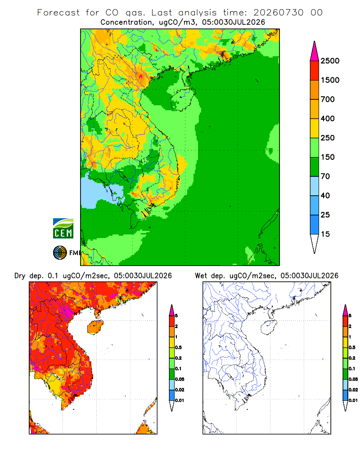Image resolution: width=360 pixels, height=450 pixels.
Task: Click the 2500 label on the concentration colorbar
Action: click(x=330, y=61)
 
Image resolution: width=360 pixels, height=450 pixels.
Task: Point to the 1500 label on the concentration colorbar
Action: click(x=330, y=80)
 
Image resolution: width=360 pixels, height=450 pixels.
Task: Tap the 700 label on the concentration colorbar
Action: click(x=328, y=99)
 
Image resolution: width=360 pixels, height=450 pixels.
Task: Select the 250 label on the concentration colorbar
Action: click(x=328, y=138)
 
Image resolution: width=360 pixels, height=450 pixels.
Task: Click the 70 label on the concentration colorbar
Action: click(x=325, y=176)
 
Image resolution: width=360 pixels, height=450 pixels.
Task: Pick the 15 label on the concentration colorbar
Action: click(x=325, y=234)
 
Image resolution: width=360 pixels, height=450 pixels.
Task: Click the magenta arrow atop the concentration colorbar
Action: click(x=315, y=51)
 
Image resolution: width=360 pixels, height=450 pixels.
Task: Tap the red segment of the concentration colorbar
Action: click(x=315, y=71)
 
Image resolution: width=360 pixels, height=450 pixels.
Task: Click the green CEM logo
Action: click(x=63, y=229)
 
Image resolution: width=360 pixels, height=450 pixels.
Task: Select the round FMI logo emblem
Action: click(x=60, y=253)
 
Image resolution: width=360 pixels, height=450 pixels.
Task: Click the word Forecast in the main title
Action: click(x=58, y=13)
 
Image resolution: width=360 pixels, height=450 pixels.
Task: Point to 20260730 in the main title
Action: click(x=278, y=13)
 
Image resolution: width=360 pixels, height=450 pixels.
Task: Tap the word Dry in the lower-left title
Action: click(x=19, y=276)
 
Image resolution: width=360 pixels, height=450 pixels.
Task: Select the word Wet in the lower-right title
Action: click(x=201, y=276)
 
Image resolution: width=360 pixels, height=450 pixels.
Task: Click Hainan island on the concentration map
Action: click(x=183, y=99)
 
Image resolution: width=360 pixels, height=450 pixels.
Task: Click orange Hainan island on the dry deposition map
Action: click(x=95, y=327)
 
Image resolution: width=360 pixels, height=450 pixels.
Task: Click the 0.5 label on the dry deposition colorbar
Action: click(x=178, y=347)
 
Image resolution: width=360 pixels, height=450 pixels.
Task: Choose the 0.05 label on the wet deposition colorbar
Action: click(x=353, y=379)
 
